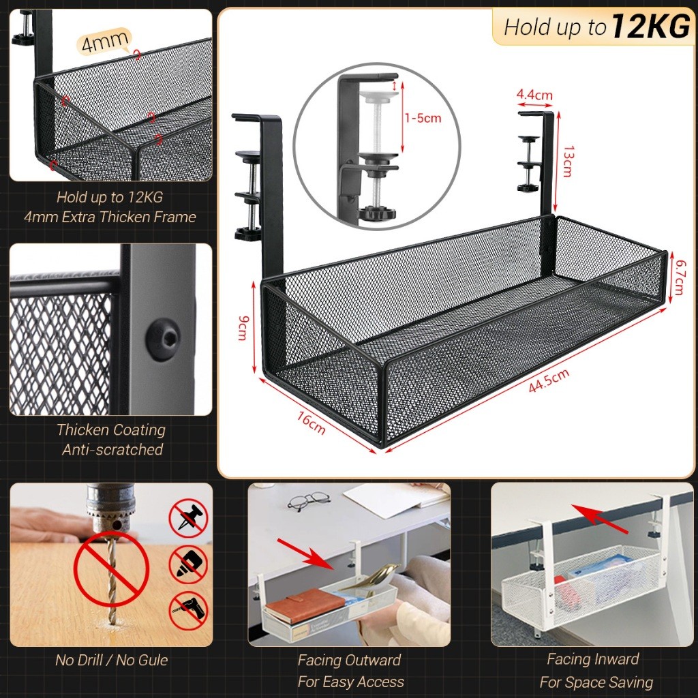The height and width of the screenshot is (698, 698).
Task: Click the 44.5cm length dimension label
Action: [x=549, y=380]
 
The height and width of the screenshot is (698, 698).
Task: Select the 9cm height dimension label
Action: [x=243, y=328]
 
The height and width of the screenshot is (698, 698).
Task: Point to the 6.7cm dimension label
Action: [x=680, y=277]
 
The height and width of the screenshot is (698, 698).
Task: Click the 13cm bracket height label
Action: [x=568, y=161]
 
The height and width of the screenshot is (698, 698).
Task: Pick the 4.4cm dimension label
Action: [x=534, y=95]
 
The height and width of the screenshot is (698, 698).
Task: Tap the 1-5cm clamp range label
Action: [x=423, y=118]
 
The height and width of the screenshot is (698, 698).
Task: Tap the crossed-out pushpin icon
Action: [x=188, y=518]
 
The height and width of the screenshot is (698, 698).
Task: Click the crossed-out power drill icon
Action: [x=188, y=611]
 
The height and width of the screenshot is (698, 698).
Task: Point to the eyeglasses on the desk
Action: [x=309, y=501]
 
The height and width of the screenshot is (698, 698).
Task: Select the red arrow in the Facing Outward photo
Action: [x=305, y=553]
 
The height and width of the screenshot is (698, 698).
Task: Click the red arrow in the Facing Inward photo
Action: [x=600, y=519]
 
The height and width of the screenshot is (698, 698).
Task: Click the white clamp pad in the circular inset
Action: [x=378, y=95]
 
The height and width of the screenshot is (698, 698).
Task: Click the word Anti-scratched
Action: [x=112, y=450]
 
